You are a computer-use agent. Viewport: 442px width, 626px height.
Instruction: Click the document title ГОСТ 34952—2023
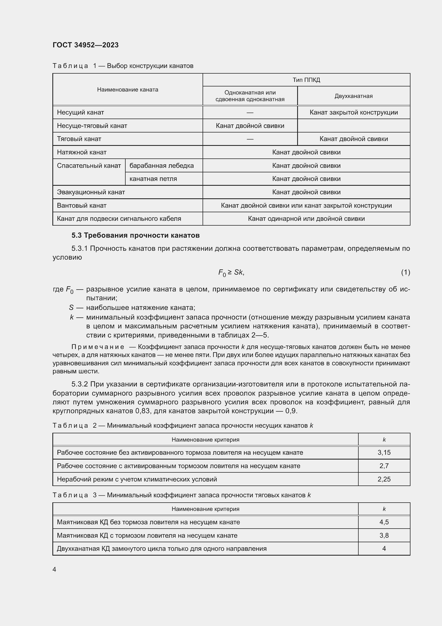[86, 45]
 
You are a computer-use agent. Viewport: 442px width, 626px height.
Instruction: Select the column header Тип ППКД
[306, 80]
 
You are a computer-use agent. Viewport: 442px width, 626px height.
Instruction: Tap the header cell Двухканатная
[354, 96]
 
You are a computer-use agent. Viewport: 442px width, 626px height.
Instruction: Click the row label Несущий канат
[80, 112]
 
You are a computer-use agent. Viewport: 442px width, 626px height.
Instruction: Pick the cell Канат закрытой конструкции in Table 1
[354, 112]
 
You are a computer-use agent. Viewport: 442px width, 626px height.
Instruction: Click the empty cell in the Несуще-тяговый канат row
[354, 126]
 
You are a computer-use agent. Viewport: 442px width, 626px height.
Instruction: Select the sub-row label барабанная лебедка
[161, 165]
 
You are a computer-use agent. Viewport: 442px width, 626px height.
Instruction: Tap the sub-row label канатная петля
[153, 179]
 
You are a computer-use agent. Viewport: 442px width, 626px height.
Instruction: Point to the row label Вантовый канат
[82, 205]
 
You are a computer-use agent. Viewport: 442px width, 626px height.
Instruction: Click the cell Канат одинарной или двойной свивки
[306, 219]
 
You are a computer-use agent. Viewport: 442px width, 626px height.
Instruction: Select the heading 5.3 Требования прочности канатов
[135, 235]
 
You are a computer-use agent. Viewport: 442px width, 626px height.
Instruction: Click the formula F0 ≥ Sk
[231, 272]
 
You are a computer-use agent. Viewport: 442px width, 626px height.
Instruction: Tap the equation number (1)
[405, 272]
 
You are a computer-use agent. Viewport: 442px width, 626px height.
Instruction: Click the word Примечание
[98, 347]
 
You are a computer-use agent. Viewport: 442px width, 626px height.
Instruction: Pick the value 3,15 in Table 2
[384, 453]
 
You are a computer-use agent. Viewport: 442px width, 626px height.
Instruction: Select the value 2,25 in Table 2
[384, 479]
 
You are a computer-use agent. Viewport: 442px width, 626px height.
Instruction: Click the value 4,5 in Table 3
[384, 522]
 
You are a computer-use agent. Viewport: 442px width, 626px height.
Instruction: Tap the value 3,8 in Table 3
[384, 536]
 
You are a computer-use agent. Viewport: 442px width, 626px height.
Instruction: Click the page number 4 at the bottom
[55, 570]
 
